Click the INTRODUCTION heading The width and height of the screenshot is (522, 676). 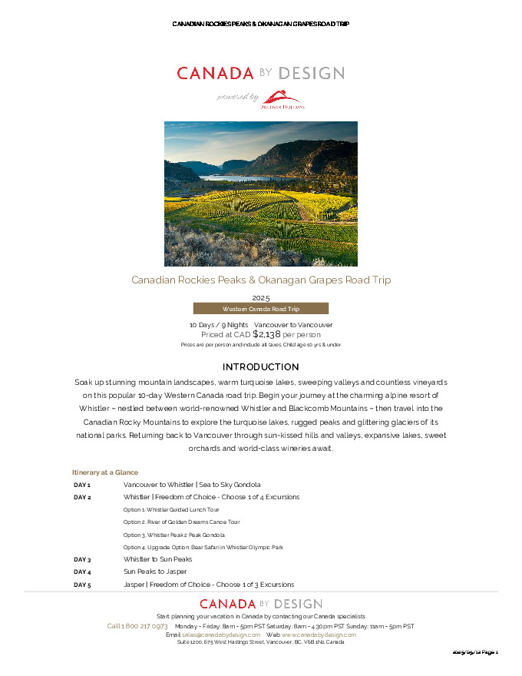pyautogui.click(x=260, y=367)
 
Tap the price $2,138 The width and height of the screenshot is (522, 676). pyautogui.click(x=267, y=334)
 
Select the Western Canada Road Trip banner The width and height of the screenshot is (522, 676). pyautogui.click(x=260, y=308)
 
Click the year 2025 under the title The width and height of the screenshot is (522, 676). pyautogui.click(x=261, y=297)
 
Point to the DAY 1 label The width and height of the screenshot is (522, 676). pyautogui.click(x=82, y=485)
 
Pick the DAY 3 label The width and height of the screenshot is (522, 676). pyautogui.click(x=82, y=560)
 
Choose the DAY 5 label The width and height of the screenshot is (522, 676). pyautogui.click(x=82, y=585)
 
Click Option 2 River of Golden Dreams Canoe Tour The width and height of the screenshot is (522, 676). pyautogui.click(x=181, y=522)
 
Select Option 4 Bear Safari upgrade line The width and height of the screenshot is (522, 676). pyautogui.click(x=203, y=547)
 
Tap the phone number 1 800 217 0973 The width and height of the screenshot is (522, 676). pyautogui.click(x=137, y=626)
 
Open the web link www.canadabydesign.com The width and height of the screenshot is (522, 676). pyautogui.click(x=319, y=635)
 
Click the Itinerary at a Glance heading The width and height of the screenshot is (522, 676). pyautogui.click(x=105, y=472)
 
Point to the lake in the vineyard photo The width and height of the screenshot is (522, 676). pyautogui.click(x=230, y=177)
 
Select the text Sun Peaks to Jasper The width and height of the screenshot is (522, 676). pyautogui.click(x=156, y=572)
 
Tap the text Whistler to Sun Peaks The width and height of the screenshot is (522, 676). pyautogui.click(x=157, y=560)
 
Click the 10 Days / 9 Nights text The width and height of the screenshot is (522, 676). pyautogui.click(x=219, y=325)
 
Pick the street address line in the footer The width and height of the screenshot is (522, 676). pyautogui.click(x=260, y=642)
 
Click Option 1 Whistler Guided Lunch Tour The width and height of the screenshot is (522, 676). pyautogui.click(x=171, y=510)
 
